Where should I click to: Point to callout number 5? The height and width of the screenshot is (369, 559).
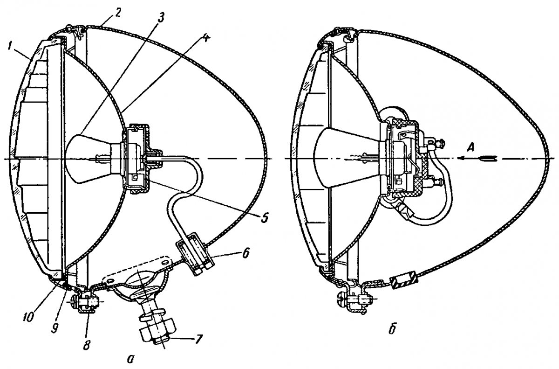coord(264,217)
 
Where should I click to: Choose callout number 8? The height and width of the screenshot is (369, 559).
coord(86,345)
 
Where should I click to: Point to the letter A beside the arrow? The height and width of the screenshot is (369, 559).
coord(470,148)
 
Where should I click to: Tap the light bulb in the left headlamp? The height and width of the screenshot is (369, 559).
coord(95,159)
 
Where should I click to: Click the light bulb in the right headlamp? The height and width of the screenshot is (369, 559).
coord(349,159)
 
